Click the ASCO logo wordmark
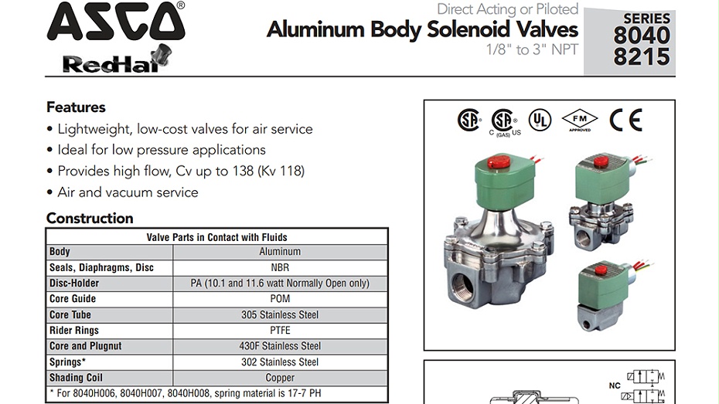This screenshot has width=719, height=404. click(x=116, y=21)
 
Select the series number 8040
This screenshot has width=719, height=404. click(x=642, y=36)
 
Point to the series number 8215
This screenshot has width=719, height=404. click(x=642, y=57)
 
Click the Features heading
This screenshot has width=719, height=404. click(x=76, y=107)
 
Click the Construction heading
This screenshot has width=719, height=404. click(x=90, y=218)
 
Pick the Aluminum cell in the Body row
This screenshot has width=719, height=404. click(x=280, y=252)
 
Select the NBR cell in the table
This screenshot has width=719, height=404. click(x=280, y=267)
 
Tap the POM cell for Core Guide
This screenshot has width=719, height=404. click(x=280, y=299)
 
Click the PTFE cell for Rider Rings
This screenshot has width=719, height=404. click(x=280, y=331)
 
